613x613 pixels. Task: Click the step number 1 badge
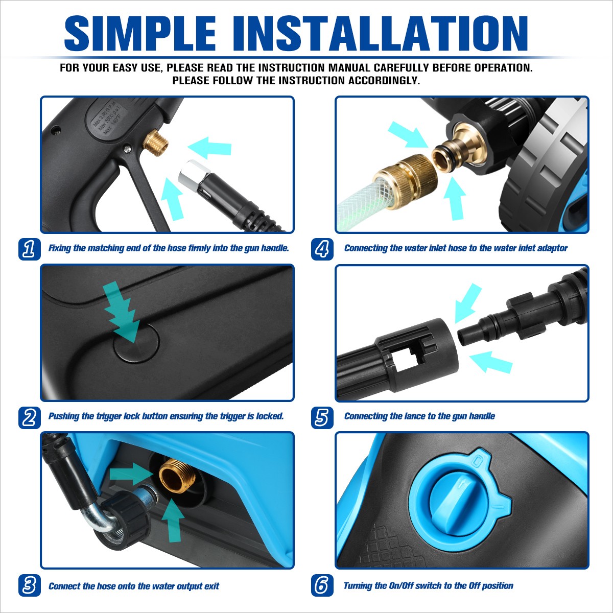(30, 249)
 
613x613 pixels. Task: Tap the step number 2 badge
(30, 417)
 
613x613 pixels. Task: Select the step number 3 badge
(30, 585)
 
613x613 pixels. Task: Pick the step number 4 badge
(322, 249)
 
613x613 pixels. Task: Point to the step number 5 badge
(322, 417)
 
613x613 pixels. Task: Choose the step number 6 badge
(322, 585)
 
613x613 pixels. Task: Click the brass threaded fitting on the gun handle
(155, 142)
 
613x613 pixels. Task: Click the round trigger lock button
(136, 344)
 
